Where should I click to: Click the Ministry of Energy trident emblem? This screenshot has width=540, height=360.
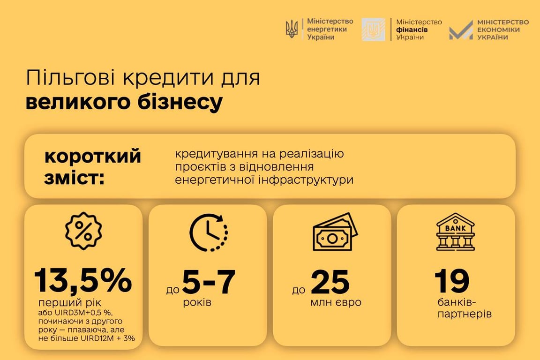(x=292, y=29)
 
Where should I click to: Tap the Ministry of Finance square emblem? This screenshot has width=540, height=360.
(x=373, y=30)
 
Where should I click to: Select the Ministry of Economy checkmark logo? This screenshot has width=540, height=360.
(x=461, y=30)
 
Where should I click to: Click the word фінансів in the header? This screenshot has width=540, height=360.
(x=412, y=30)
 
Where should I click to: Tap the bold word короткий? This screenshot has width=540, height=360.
(x=92, y=156)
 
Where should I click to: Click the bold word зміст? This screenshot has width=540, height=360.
(x=75, y=178)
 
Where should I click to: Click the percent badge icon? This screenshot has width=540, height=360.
(x=83, y=231)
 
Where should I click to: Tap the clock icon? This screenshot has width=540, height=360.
(x=208, y=232)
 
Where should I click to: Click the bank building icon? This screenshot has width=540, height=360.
(x=455, y=232)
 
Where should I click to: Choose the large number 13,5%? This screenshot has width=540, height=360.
(x=83, y=281)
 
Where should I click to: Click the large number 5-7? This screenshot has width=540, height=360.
(x=209, y=282)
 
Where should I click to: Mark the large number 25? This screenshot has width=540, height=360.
(x=330, y=282)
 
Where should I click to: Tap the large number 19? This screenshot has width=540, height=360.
(x=452, y=281)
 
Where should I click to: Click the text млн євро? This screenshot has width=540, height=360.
(x=336, y=302)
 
